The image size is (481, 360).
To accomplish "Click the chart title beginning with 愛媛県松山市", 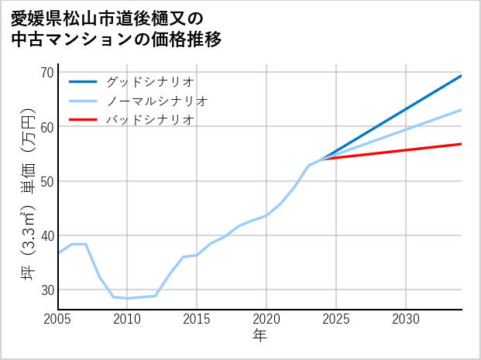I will (116, 28).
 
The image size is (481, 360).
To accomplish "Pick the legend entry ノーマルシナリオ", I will (156, 101).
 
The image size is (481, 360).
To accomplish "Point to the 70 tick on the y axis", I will (46, 72).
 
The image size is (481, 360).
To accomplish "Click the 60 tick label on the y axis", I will (46, 127).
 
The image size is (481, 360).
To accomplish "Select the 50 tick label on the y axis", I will (46, 181).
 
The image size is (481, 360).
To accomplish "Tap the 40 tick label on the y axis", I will (46, 235).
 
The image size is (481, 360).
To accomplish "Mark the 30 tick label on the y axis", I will (46, 290).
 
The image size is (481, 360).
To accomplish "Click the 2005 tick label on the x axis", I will (58, 320).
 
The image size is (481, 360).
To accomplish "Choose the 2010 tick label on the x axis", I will (127, 320).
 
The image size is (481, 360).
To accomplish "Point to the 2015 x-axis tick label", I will (197, 320).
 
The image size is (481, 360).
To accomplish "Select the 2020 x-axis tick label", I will (266, 320).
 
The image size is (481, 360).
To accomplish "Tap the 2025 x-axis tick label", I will (336, 320).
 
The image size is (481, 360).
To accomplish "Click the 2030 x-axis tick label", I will (406, 320).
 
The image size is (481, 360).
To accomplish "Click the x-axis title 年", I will (260, 336).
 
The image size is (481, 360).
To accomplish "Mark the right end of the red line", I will (462, 144).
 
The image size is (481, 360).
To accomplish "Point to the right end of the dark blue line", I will (462, 75).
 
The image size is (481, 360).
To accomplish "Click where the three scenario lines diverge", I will (322, 159).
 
